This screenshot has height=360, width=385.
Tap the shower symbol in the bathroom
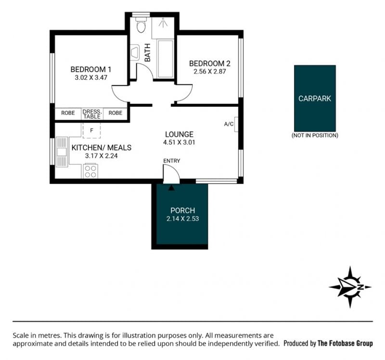163,23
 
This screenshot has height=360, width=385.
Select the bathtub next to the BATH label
166,59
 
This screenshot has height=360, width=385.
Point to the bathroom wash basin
135,52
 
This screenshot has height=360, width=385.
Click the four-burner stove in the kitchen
90,171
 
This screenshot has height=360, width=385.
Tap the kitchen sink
62,152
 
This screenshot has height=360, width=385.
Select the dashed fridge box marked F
91,130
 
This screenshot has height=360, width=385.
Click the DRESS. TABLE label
92,114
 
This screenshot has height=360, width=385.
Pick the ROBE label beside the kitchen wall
68,113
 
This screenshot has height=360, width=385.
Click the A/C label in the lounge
229,124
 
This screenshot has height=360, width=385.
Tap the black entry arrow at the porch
172,188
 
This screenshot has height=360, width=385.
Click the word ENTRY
172,161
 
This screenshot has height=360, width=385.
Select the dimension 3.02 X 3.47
91,77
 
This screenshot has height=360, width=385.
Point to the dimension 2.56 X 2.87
210,72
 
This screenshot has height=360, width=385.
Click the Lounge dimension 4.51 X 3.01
179,142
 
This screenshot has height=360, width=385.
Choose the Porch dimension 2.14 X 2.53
183,219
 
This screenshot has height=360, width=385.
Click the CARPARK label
315,99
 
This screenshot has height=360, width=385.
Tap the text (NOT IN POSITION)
315,136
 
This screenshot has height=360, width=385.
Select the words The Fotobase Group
345,343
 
